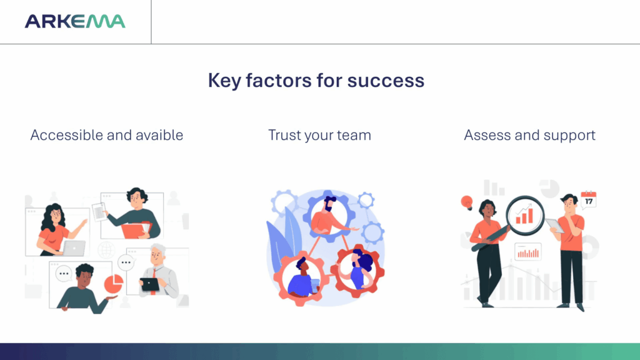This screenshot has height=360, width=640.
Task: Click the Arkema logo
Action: [75, 21]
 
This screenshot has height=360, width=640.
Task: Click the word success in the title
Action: [386, 80]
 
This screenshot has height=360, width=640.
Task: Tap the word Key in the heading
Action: [224, 81]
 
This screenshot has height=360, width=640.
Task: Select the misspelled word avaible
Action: [159, 135]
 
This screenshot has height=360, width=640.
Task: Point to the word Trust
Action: [285, 135]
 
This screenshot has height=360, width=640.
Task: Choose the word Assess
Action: [487, 135]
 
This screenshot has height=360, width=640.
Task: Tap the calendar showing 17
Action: [589, 200]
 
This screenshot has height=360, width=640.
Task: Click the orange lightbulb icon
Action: [466, 202]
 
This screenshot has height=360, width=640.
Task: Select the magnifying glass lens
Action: [525, 216]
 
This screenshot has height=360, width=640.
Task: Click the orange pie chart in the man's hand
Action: [114, 284]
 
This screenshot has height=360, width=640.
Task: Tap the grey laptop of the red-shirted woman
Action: [74, 248]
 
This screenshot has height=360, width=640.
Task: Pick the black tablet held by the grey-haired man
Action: [150, 284]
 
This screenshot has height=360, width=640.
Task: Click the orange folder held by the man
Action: [136, 230]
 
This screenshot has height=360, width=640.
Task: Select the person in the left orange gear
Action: [302, 278]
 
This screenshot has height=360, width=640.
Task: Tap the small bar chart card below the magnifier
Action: [527, 252]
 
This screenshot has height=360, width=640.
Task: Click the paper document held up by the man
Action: [99, 212]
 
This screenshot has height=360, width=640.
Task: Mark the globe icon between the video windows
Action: [106, 250]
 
